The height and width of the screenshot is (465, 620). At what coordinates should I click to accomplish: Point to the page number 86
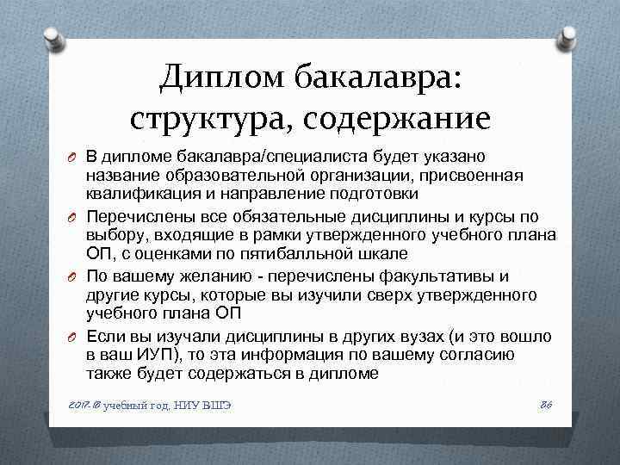tap(544, 404)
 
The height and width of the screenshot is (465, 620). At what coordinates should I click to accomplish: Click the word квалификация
tap(139, 195)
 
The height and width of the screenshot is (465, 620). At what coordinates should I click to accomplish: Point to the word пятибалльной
tap(299, 254)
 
